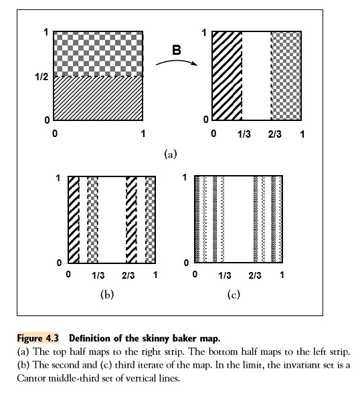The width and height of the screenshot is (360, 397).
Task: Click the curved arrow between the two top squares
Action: [x=175, y=61]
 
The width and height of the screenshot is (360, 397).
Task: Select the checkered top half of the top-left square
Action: [x=98, y=53]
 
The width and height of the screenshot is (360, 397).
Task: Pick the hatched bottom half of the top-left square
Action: [x=98, y=98]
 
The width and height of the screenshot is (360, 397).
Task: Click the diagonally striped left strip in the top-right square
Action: [x=226, y=76]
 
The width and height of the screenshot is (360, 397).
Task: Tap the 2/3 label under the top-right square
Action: [x=272, y=134]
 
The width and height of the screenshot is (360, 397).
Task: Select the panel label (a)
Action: [x=170, y=154]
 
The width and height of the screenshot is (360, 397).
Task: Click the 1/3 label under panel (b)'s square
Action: [x=98, y=275]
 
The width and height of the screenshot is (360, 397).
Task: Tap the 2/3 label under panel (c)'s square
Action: [x=254, y=275]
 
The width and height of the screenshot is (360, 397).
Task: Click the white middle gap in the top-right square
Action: [x=256, y=76]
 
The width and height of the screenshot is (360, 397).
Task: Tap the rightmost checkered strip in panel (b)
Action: [x=151, y=220]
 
